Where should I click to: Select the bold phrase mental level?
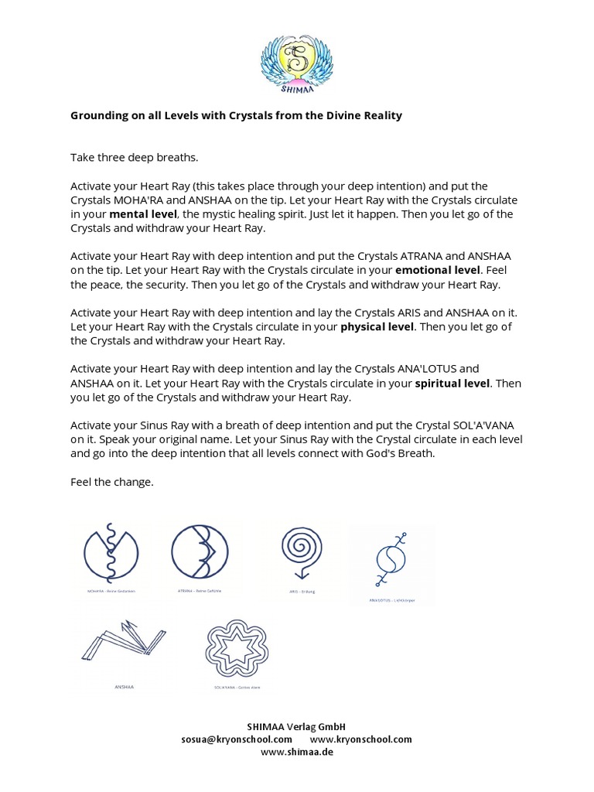point(144,213)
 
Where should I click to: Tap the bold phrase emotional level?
point(437,270)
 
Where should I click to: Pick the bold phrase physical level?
point(377,326)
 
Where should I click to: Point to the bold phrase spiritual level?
point(453,383)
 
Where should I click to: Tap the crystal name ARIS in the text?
point(393,312)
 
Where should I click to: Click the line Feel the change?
point(112,482)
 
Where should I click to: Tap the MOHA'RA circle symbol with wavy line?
point(111,554)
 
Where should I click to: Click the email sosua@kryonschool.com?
point(237,739)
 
